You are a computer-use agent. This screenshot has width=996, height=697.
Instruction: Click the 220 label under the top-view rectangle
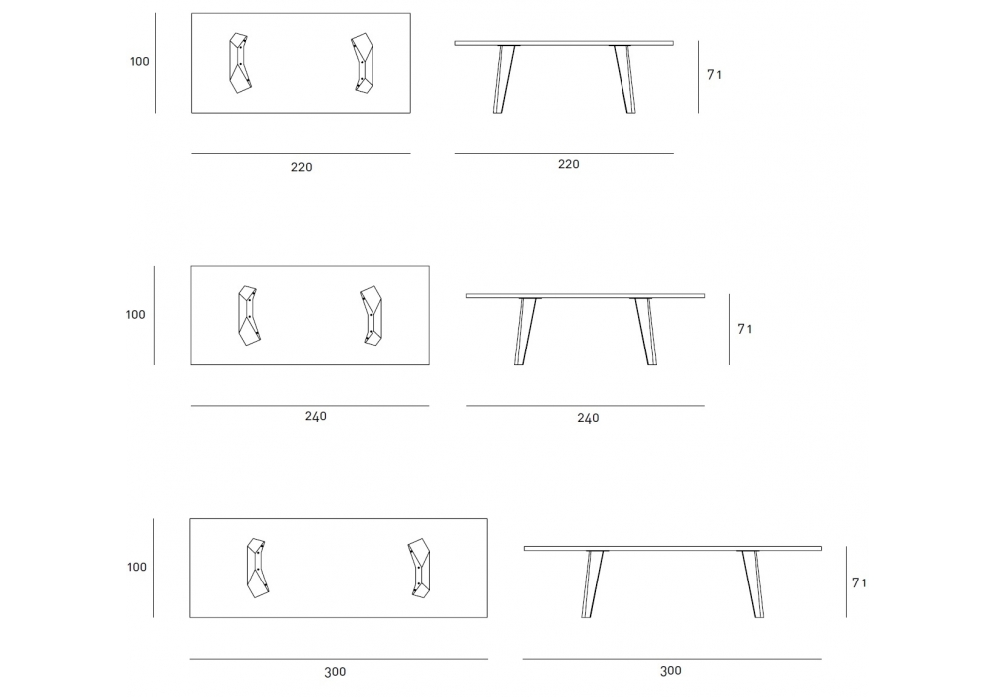tap(301, 167)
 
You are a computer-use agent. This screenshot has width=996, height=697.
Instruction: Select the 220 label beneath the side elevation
tap(568, 164)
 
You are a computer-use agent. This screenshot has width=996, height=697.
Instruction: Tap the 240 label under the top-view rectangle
tap(315, 416)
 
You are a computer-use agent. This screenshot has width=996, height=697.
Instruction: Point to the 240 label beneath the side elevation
tap(588, 418)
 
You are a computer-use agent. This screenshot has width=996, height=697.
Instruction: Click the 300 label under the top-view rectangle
tap(335, 672)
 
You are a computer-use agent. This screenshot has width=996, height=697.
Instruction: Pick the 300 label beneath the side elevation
tap(670, 671)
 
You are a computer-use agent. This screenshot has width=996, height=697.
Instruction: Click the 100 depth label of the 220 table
tap(140, 62)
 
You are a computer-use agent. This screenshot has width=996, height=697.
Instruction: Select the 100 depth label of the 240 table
tap(135, 315)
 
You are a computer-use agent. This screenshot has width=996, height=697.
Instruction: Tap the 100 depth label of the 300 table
tap(137, 567)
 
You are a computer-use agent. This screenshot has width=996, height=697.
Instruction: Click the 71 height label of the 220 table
tap(714, 75)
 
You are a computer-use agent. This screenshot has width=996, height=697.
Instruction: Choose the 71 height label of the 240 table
tap(744, 329)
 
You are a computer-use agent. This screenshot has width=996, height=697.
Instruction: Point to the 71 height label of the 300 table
tap(859, 582)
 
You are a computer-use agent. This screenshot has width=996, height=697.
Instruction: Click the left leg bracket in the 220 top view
tap(240, 63)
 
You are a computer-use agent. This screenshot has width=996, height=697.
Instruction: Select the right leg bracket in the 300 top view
tap(419, 568)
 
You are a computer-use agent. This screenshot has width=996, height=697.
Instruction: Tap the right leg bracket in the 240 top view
tap(371, 315)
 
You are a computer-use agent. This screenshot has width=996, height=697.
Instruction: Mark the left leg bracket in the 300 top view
tap(257, 569)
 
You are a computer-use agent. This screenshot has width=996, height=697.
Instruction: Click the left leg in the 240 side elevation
tap(524, 331)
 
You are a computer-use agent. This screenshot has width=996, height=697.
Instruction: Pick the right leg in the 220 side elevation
tap(625, 79)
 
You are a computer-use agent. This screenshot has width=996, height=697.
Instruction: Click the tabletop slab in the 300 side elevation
tap(672, 548)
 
